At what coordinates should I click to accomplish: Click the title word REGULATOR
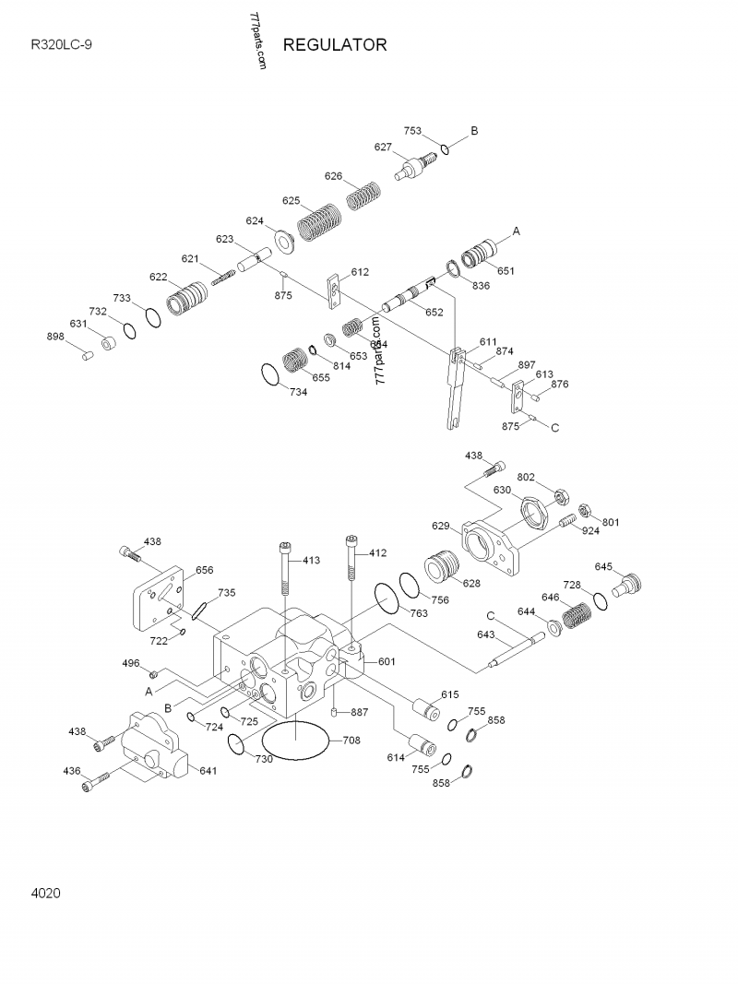(x=335, y=45)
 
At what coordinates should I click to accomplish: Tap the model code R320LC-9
(x=61, y=45)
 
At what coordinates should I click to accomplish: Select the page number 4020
(x=46, y=893)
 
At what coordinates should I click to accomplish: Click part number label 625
(x=292, y=200)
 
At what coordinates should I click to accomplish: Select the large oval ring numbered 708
(x=296, y=741)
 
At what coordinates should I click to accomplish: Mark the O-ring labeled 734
(x=269, y=375)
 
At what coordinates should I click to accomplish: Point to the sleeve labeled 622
(x=189, y=298)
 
